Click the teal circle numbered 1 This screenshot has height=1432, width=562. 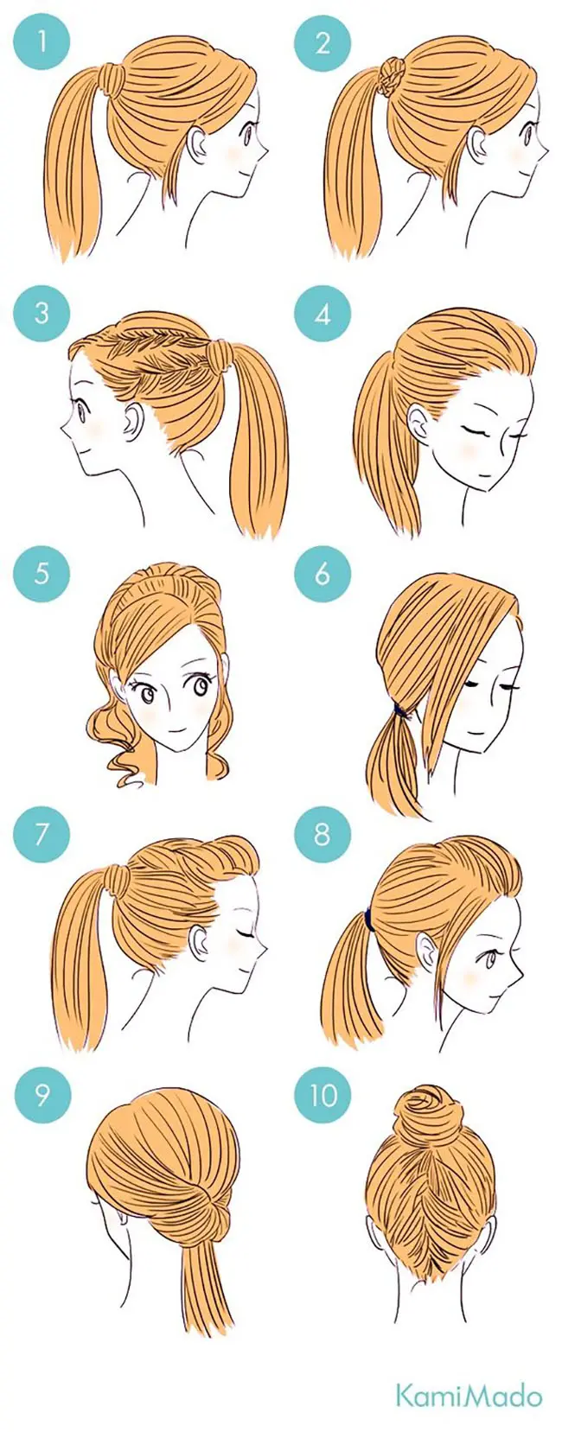(42, 43)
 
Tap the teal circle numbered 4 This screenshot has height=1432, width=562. (323, 315)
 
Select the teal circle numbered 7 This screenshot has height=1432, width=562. (42, 835)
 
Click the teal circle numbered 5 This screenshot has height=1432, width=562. (42, 573)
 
